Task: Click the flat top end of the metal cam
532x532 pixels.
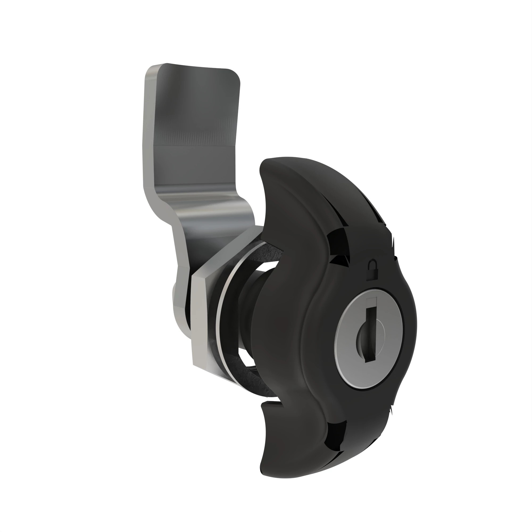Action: click(x=193, y=68)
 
